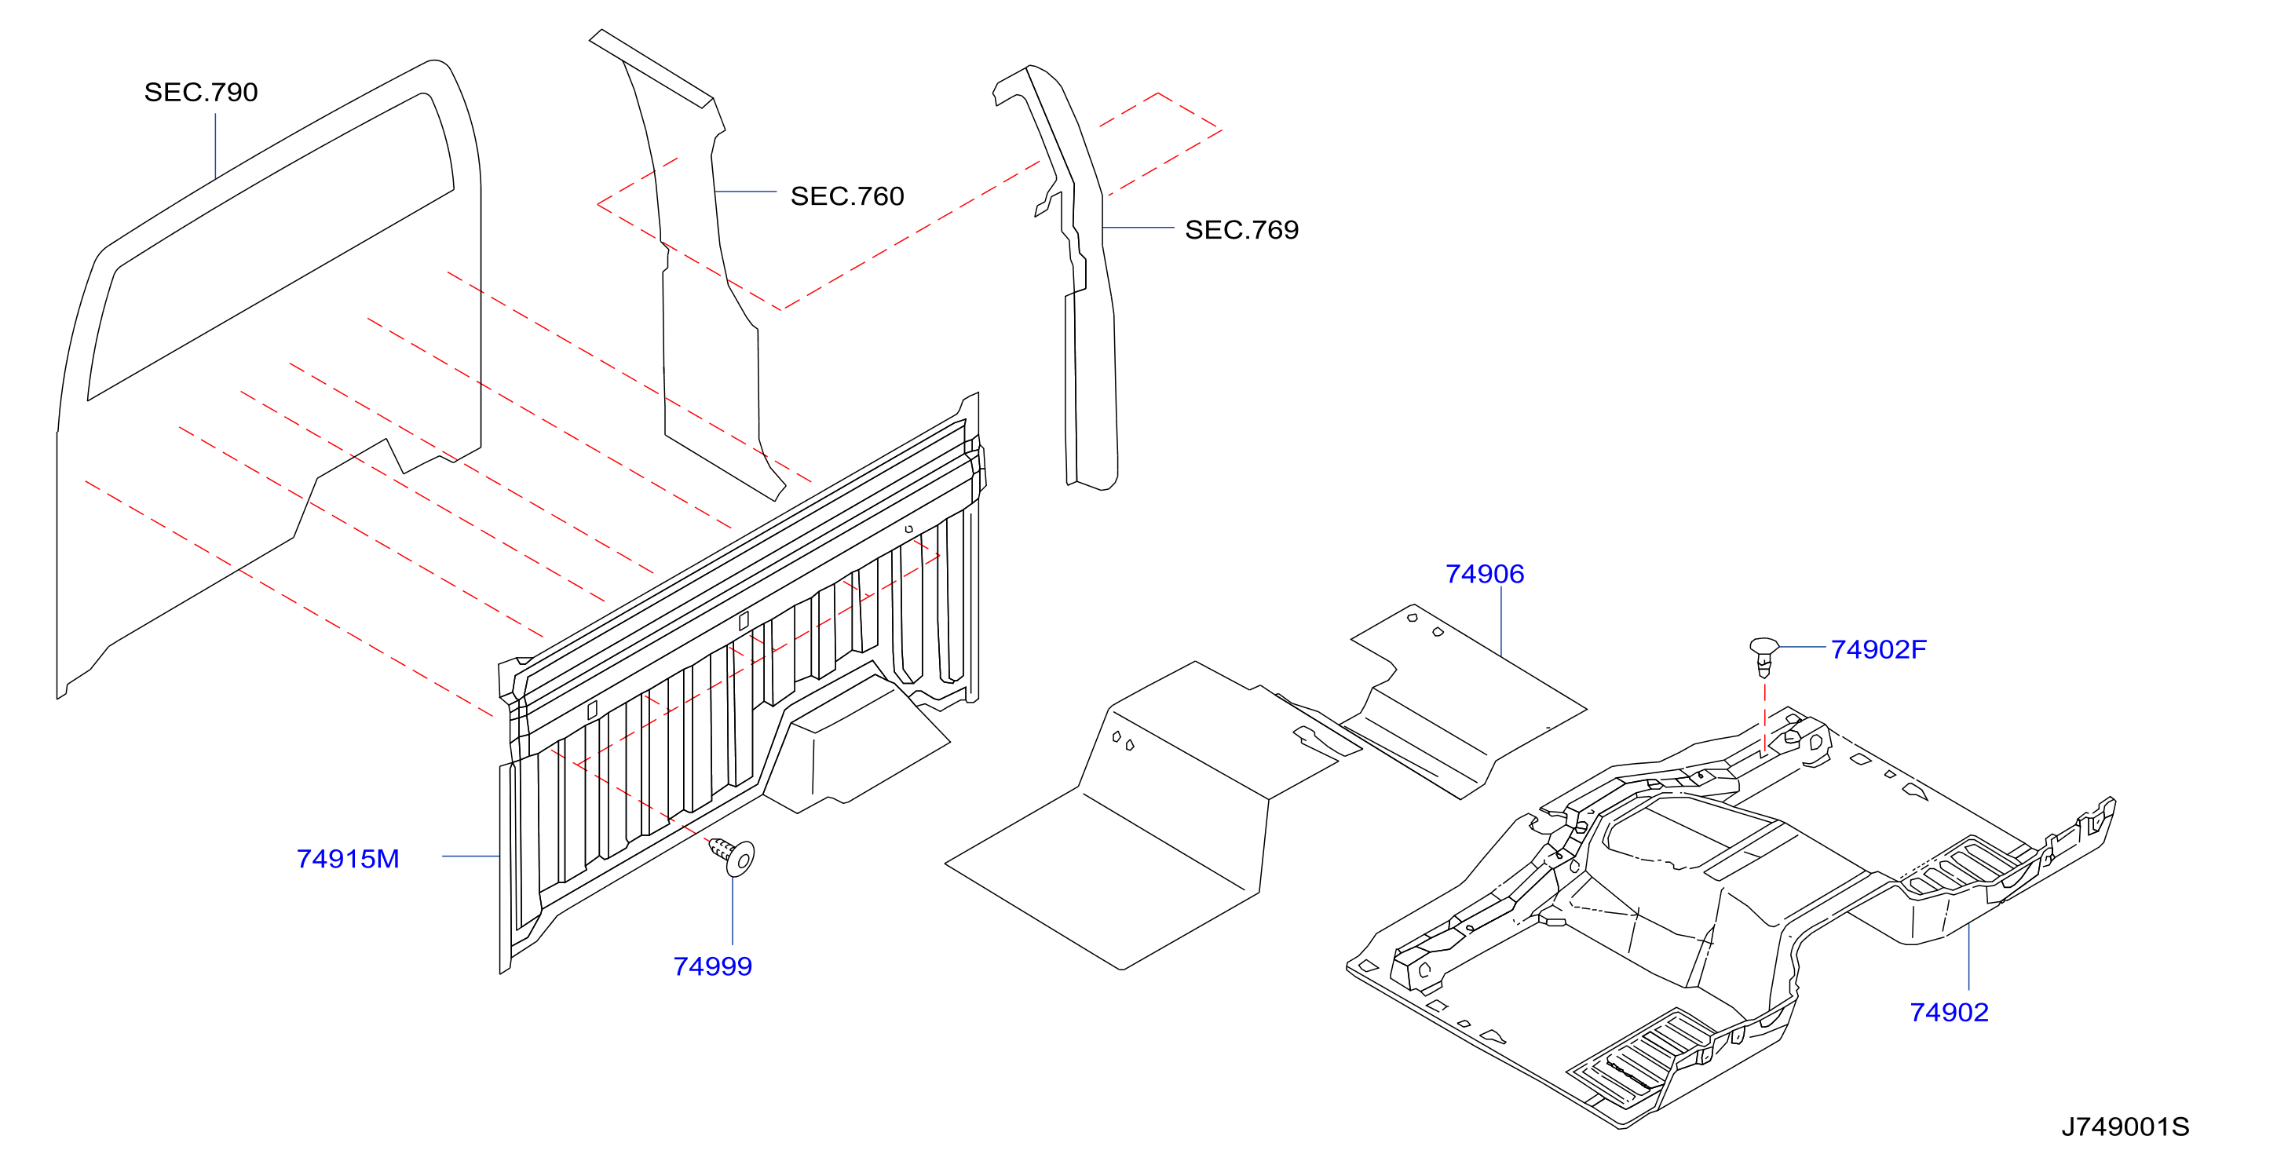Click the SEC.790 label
tap(201, 92)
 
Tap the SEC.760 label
tap(846, 195)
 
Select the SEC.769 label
tap(1241, 229)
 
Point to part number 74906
tap(1484, 574)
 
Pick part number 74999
tap(712, 966)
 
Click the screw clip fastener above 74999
tap(732, 856)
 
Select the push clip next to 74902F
tap(1763, 656)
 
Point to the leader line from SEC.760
tap(745, 191)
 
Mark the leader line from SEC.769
tap(1138, 227)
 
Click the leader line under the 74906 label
tap(1501, 622)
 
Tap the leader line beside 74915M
tap(471, 856)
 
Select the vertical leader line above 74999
tap(733, 911)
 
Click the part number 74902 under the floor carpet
tap(1949, 1012)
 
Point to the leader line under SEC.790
tap(216, 146)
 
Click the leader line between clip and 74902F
tap(1802, 647)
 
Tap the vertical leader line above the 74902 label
tap(1968, 956)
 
